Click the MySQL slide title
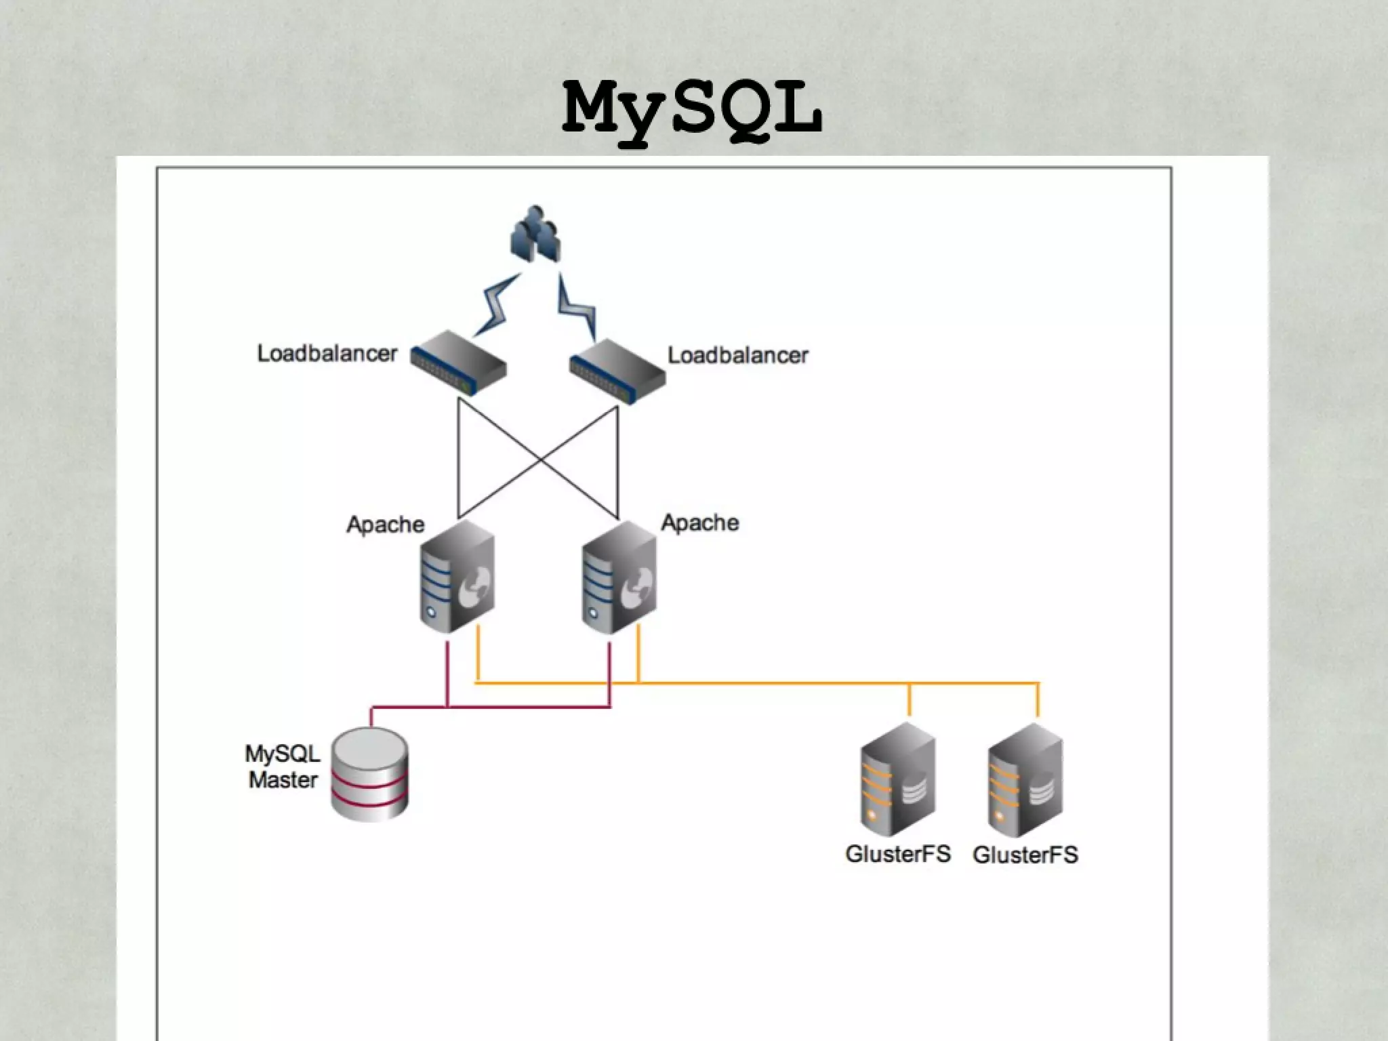tap(693, 110)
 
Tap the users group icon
tap(535, 234)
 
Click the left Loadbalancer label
tap(327, 354)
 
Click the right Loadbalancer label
tap(738, 356)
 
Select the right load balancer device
tap(617, 371)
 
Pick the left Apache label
tap(385, 525)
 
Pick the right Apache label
tap(699, 523)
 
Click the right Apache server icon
tap(619, 577)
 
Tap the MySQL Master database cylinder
tap(369, 774)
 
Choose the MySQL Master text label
tap(282, 767)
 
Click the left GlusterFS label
tap(898, 854)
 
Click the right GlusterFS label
tap(1025, 855)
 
